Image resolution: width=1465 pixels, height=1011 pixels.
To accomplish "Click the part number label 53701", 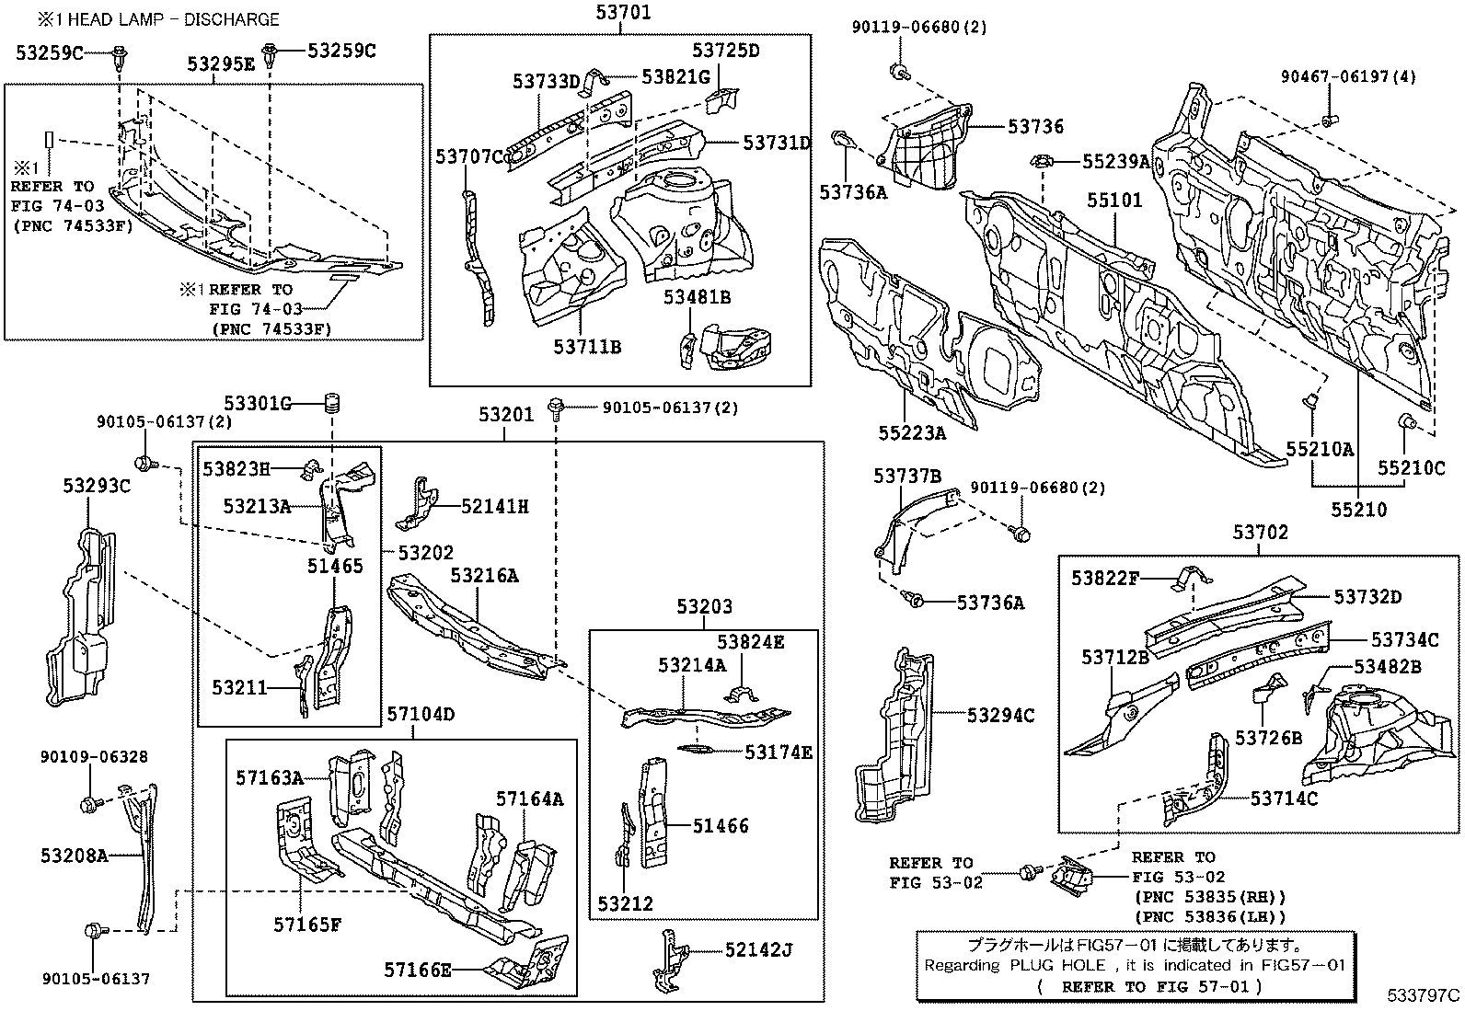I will click(x=619, y=12).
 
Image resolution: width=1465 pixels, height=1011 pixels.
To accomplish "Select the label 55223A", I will click(x=912, y=431).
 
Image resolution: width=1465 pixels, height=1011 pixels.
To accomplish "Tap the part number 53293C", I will click(x=97, y=485).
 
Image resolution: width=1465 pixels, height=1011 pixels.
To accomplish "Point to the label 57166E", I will click(x=418, y=969).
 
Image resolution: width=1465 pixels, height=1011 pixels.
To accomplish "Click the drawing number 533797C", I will click(x=1424, y=995).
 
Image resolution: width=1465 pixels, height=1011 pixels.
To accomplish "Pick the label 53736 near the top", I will click(x=1035, y=127).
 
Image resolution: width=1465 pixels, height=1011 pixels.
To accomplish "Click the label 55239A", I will click(x=1116, y=162).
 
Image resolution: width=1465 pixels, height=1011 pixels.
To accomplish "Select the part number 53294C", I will click(x=1000, y=715).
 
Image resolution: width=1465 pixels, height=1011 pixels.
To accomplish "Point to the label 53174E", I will click(x=779, y=753).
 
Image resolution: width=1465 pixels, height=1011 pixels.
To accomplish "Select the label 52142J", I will click(x=758, y=949).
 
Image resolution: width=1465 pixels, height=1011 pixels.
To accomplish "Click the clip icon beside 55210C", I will click(x=1406, y=422).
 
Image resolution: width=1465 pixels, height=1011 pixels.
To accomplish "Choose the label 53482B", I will click(x=1388, y=667).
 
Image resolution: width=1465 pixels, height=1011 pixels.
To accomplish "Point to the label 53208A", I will click(x=74, y=856).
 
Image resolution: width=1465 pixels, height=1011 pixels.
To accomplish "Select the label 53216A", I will click(x=484, y=576).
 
